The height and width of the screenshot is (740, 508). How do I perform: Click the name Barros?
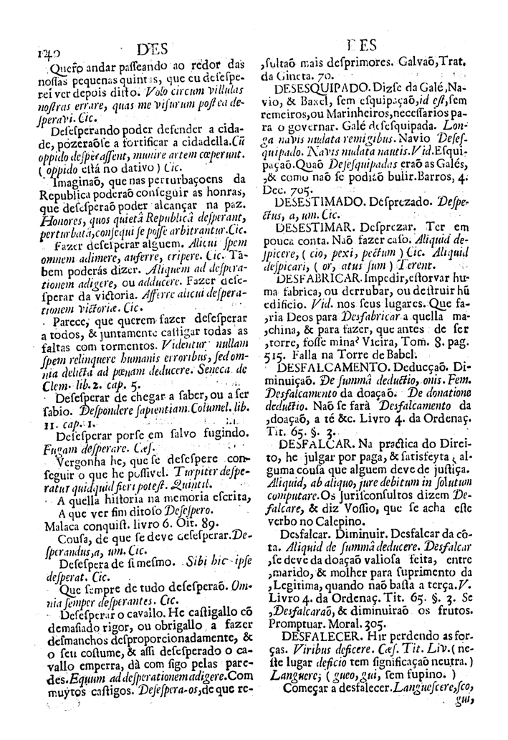click(436, 180)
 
